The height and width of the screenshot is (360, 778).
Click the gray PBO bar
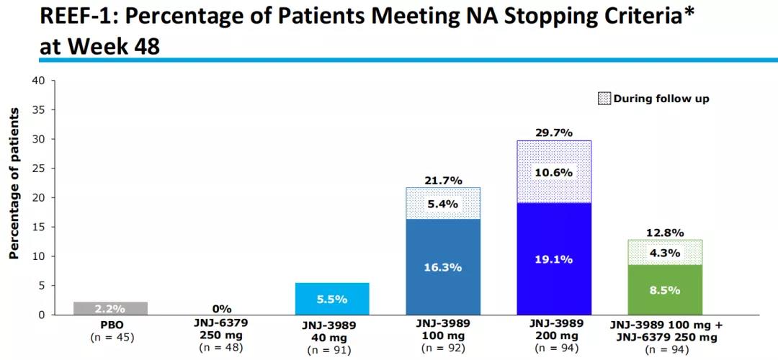[x=110, y=308]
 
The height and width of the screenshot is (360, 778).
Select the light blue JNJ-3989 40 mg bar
[x=332, y=299]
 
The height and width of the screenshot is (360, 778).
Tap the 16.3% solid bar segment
[x=443, y=267]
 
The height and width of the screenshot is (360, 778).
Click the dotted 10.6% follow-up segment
[x=554, y=172]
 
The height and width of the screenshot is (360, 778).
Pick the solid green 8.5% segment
[x=665, y=290]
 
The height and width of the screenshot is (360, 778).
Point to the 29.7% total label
[x=554, y=132]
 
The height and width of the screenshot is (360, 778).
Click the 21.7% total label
[x=443, y=179]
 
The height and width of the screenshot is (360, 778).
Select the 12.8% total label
[x=665, y=232]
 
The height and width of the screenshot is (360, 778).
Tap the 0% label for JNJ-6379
[x=221, y=309]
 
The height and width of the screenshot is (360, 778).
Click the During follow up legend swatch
[x=604, y=99]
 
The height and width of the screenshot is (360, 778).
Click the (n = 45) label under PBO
[x=110, y=337]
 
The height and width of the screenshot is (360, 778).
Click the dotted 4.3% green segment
[x=665, y=253]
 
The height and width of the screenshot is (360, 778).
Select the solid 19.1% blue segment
[x=554, y=259]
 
